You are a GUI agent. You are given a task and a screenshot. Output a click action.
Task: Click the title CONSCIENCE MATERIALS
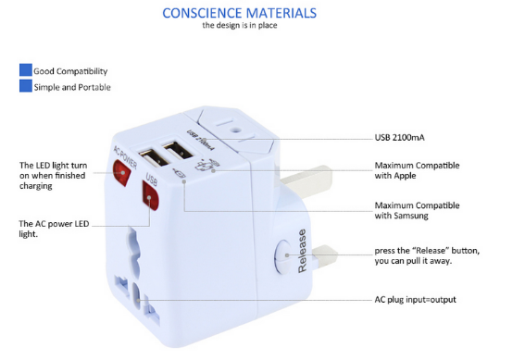239,13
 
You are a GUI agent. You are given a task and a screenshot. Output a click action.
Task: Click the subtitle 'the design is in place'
239,25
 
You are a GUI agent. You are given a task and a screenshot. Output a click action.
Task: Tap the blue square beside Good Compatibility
25,70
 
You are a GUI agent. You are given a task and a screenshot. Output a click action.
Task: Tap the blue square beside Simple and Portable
25,87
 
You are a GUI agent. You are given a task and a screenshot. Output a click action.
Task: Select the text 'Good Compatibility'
70,71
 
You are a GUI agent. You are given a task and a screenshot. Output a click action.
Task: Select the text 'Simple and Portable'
72,88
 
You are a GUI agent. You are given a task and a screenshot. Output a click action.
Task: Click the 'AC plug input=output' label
415,300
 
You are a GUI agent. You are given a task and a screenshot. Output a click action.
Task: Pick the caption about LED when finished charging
53,176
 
